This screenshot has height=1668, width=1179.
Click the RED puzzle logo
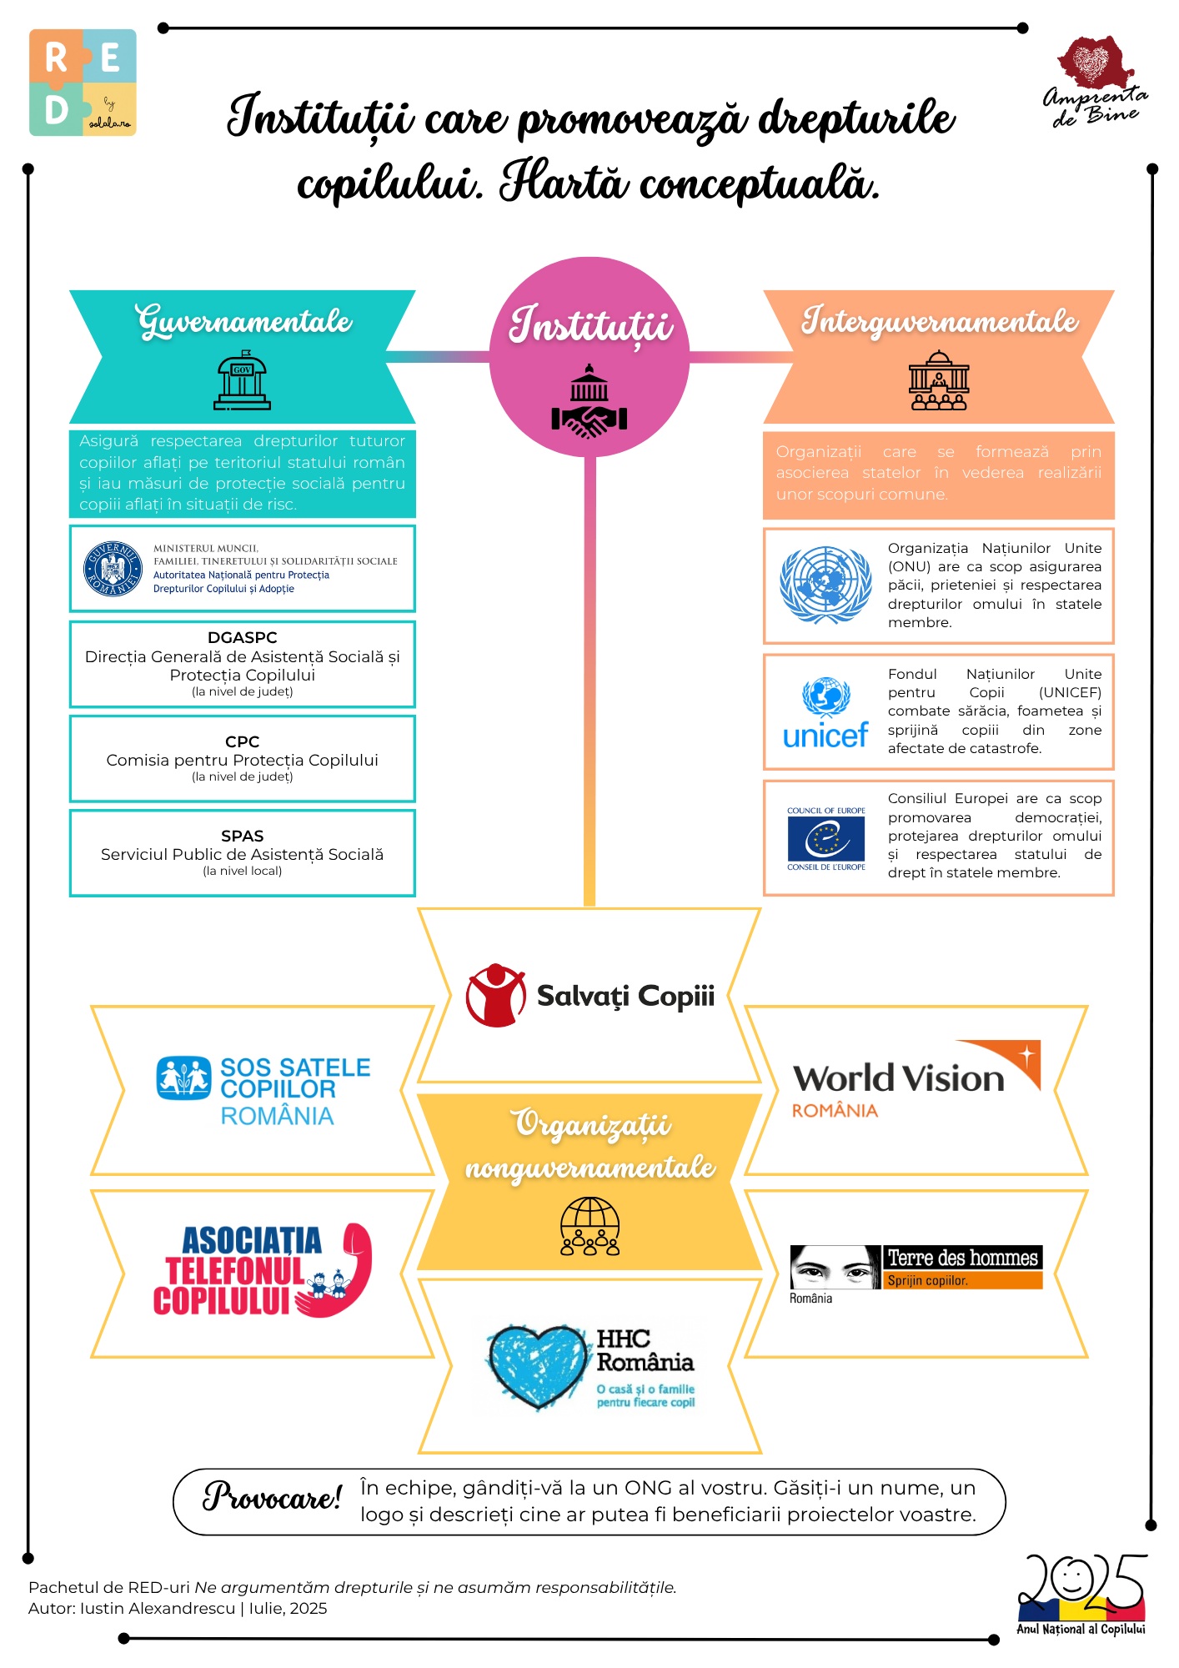[83, 83]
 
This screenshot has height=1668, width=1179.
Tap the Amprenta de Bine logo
[1095, 82]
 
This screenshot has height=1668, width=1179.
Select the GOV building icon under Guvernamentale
[242, 383]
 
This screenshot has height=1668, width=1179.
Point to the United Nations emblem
[825, 585]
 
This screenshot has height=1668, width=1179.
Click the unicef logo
[825, 712]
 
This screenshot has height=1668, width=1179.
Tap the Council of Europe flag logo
[825, 838]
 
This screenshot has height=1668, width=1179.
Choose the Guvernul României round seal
[113, 569]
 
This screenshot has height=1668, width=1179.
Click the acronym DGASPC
[242, 637]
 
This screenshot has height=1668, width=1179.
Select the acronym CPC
[242, 741]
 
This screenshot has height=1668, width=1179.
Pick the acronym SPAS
[242, 836]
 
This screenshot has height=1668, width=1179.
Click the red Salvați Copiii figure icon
[495, 995]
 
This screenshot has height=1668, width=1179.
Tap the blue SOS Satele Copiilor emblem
[183, 1078]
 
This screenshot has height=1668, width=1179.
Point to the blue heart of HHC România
[536, 1365]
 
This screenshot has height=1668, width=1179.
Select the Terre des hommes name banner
[962, 1258]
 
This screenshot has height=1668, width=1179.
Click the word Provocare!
[272, 1498]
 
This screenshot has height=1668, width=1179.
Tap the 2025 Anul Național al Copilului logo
[1081, 1594]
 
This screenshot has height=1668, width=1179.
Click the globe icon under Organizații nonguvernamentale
[589, 1225]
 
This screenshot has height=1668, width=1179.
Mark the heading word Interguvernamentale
[939, 321]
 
